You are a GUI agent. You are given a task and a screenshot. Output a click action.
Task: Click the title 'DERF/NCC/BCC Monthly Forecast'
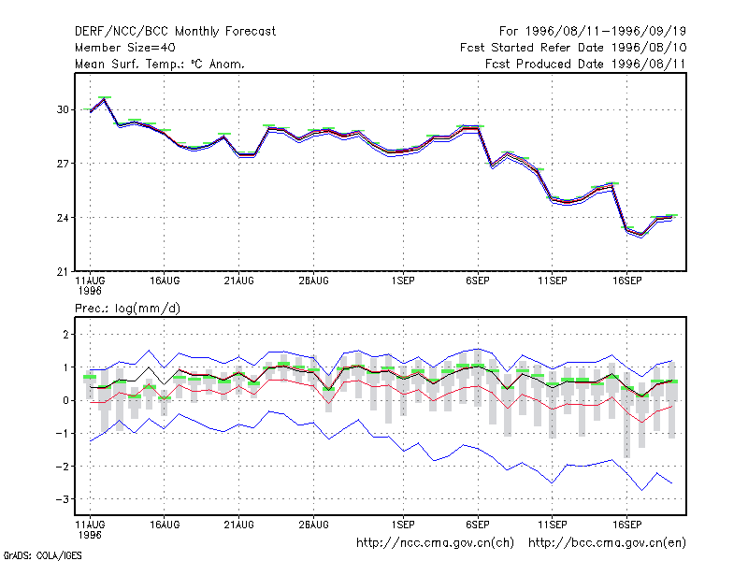point(175,32)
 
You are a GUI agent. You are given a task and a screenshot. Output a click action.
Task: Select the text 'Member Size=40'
point(125,48)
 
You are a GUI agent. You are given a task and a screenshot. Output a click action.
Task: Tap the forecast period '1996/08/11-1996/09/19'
point(606,32)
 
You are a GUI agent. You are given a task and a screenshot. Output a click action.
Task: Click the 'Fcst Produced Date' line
point(585,64)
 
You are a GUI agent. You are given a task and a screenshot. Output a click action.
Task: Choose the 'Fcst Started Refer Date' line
point(573,48)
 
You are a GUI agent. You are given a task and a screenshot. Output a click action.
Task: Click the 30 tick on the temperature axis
point(63,109)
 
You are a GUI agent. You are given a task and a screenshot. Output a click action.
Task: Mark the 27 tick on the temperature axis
point(63,164)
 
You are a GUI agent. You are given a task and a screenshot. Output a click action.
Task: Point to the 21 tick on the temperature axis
point(63,272)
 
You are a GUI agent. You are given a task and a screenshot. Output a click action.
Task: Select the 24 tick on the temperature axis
point(63,218)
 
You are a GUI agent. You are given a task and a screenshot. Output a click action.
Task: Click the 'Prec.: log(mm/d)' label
point(127,309)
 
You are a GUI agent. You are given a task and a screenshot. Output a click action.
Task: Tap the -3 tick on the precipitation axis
point(62,499)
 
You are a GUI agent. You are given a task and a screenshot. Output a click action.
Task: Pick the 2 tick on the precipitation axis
point(65,335)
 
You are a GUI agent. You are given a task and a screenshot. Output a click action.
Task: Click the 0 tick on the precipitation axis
point(65,401)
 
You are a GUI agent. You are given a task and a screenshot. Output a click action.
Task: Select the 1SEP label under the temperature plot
point(403,281)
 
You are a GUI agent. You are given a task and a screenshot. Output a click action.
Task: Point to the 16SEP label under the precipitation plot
point(626,525)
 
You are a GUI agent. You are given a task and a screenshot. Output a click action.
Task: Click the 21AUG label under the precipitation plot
point(239,525)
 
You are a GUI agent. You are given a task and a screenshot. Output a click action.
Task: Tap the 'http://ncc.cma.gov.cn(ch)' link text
point(435,543)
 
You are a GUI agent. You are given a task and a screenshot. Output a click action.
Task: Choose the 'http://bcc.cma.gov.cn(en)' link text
point(607,543)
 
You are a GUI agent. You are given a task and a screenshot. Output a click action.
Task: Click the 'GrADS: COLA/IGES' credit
point(42,555)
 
